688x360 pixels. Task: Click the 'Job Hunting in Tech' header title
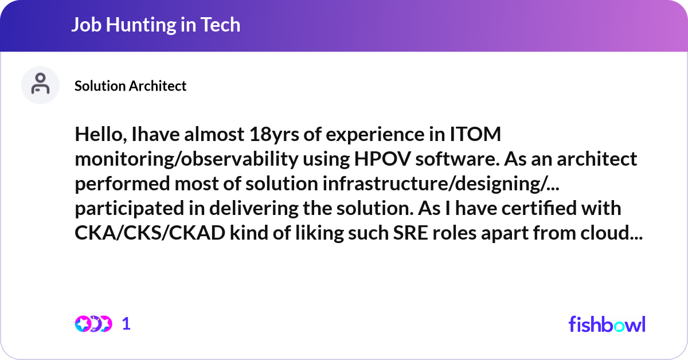[x=155, y=25]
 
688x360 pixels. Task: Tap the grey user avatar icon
[x=40, y=85]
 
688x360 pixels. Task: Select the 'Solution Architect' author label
[x=130, y=86]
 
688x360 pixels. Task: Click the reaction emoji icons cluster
[x=93, y=324]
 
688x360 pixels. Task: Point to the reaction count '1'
[x=127, y=324]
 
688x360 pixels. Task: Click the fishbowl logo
[x=607, y=324]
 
